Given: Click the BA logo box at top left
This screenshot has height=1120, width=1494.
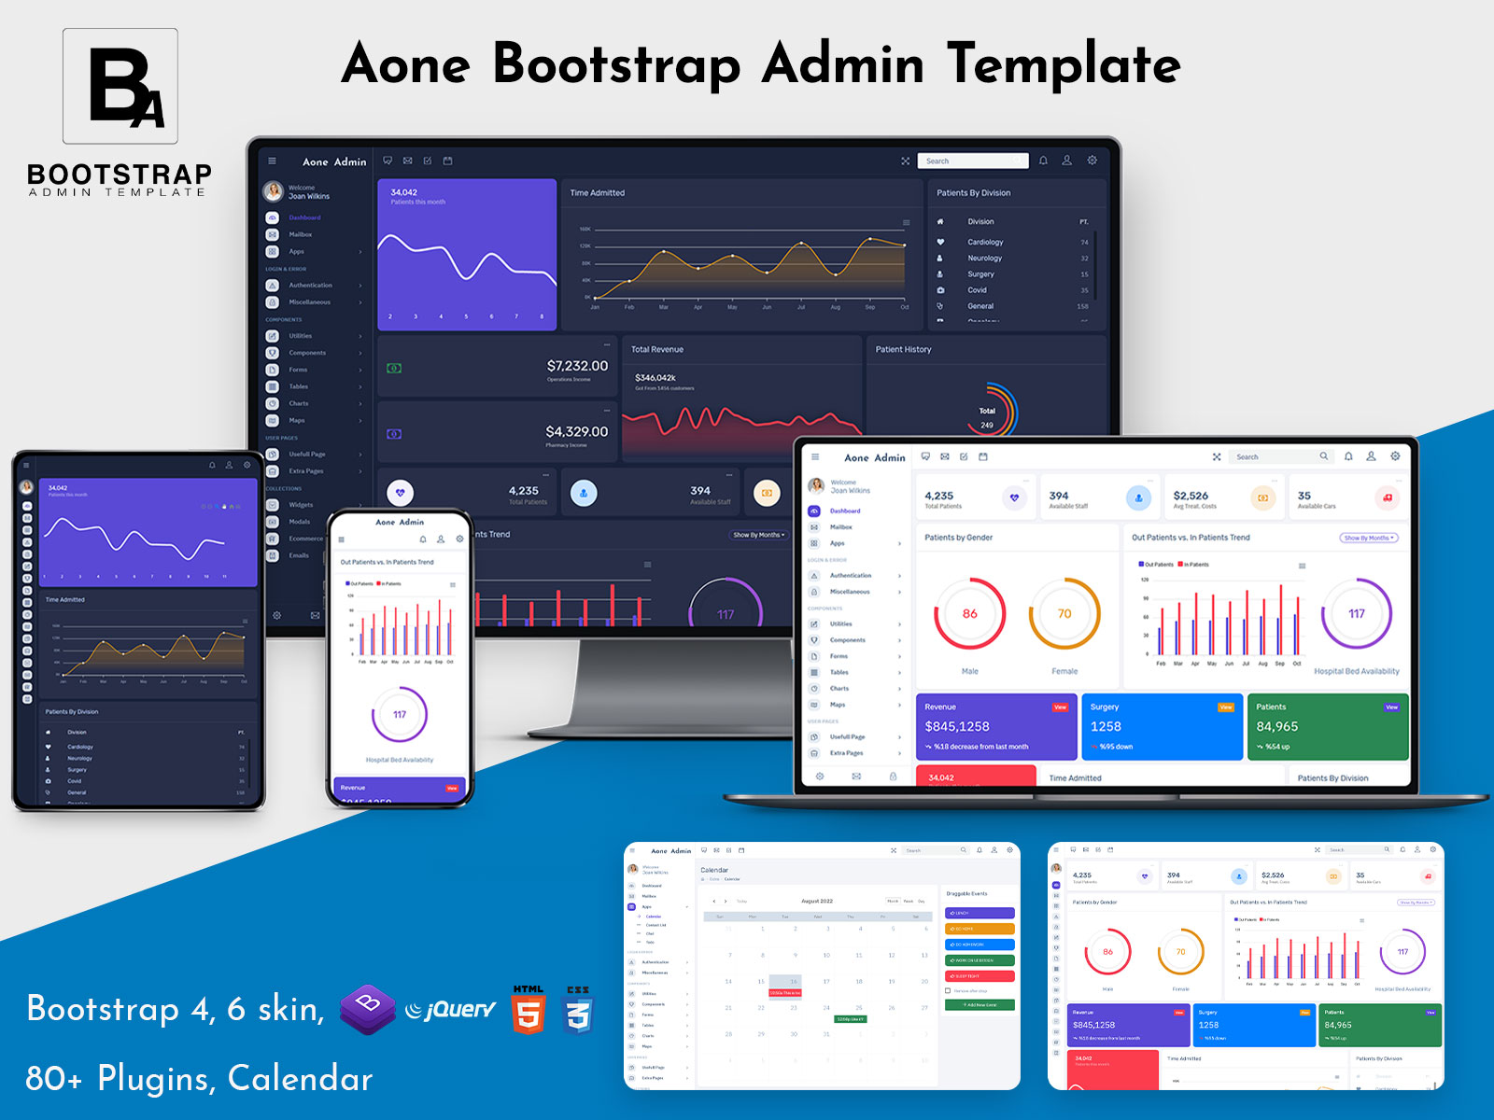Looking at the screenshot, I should [x=120, y=86].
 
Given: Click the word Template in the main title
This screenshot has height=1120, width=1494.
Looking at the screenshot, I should [x=1064, y=64].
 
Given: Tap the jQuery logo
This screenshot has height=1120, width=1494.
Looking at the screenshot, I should [x=452, y=1009].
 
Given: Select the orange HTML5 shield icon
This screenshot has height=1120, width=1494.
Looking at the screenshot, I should [x=528, y=1010].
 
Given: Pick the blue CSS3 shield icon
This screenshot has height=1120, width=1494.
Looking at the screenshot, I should [x=578, y=1010].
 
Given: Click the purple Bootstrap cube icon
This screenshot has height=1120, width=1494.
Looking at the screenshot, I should [x=367, y=1009].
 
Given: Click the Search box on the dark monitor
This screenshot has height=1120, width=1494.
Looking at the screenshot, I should [x=971, y=161].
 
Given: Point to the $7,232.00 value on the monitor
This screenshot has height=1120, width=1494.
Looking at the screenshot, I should [x=577, y=366].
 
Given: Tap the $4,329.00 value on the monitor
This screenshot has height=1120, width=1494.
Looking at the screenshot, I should [x=576, y=431].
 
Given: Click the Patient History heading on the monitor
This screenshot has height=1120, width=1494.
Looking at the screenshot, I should [x=903, y=349].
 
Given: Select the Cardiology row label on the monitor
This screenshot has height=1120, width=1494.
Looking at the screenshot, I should [x=985, y=242].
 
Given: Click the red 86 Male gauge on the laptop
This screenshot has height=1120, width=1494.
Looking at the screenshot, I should [x=969, y=614].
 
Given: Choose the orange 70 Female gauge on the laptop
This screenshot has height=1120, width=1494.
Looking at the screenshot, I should [x=1064, y=614].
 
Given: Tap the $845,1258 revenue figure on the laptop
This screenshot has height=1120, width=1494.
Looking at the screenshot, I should [x=957, y=726].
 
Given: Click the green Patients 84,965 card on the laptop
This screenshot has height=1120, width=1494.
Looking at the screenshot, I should [x=1327, y=726].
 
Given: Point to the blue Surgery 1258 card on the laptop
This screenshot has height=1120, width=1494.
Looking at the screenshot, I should [x=1162, y=726].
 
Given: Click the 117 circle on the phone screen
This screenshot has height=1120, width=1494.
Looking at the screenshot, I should [x=400, y=715].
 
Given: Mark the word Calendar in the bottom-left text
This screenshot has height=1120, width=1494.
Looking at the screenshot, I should [x=300, y=1078].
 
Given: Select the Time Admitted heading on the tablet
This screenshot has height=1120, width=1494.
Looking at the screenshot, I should [x=65, y=600].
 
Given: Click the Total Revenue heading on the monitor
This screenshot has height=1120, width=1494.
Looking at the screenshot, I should [x=657, y=349].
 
